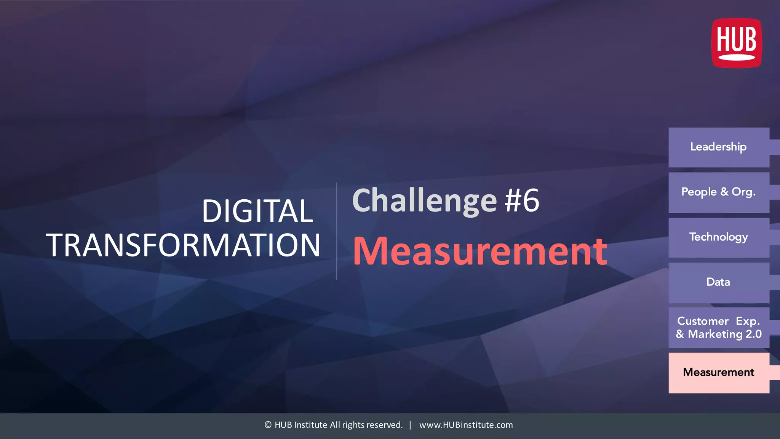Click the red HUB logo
[737, 43]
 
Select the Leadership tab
[719, 147]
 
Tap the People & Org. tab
[719, 192]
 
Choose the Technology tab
[719, 237]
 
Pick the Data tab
[719, 282]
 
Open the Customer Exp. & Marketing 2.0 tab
[719, 327]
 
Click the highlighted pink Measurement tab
[719, 372]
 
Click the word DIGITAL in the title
[257, 211]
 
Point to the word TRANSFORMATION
[183, 245]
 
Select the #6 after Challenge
[522, 200]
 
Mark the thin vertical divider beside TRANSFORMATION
[337, 231]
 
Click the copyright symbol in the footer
[268, 425]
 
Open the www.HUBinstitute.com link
[466, 425]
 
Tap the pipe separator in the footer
[410, 425]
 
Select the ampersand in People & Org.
[724, 192]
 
